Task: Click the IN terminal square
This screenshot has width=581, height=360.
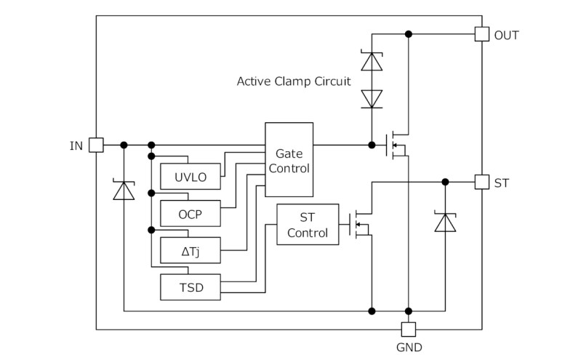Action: [96, 145]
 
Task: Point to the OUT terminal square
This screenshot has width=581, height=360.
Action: [481, 34]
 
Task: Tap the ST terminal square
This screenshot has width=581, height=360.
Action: [481, 182]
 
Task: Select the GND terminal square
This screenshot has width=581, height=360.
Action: [409, 329]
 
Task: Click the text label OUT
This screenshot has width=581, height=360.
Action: [507, 35]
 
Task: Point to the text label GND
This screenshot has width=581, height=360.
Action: [409, 348]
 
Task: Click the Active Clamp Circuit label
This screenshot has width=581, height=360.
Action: [294, 81]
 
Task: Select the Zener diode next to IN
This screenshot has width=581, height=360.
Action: [124, 191]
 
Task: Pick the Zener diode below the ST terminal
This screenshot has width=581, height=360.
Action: [445, 220]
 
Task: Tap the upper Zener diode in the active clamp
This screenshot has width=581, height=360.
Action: [372, 61]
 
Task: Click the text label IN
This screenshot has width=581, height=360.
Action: [76, 146]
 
